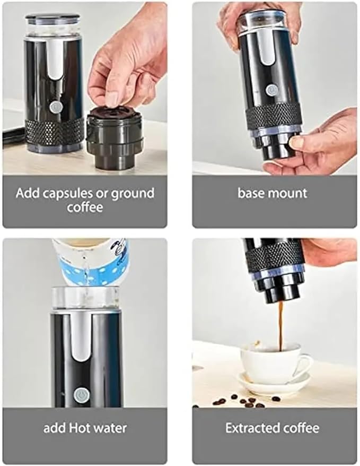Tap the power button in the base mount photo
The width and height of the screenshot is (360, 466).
pyautogui.click(x=271, y=90)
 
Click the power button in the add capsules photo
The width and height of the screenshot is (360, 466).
pyautogui.click(x=55, y=107)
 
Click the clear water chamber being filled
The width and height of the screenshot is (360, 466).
pyautogui.click(x=85, y=298)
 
